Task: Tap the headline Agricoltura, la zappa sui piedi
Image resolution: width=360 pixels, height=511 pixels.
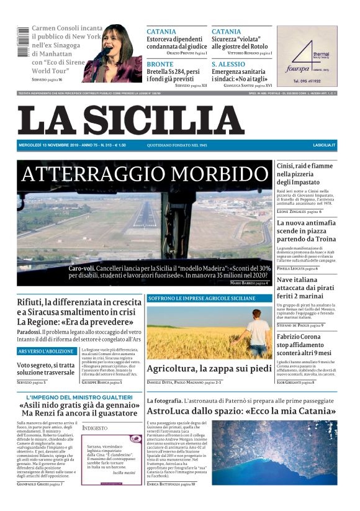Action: (x=209, y=369)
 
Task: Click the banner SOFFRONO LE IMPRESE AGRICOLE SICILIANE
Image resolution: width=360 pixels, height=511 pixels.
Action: (x=201, y=298)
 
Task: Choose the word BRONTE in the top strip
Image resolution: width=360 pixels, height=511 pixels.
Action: (x=160, y=64)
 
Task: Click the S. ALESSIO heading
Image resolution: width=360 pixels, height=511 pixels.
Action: (x=228, y=64)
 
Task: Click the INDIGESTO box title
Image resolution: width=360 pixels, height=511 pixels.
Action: (x=94, y=428)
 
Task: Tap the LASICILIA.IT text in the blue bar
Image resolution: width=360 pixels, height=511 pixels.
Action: (x=324, y=145)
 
